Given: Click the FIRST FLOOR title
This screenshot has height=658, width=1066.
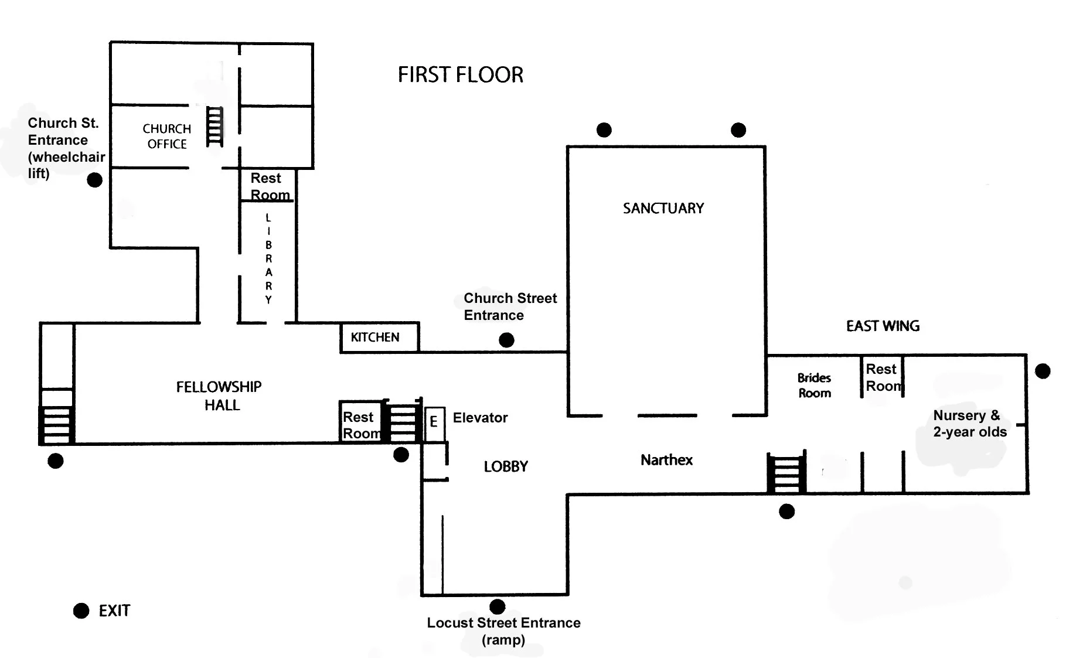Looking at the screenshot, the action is point(461,75).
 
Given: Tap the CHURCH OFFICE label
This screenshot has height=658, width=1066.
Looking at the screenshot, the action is point(167,137).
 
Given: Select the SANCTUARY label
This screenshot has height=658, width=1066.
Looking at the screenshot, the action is point(663,208).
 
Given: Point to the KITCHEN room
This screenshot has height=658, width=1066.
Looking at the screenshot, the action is point(380,337).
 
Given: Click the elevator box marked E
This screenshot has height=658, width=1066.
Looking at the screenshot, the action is point(434,423).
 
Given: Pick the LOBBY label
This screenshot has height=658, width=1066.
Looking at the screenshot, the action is point(506,466).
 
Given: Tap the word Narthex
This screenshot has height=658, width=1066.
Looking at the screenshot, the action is point(666,460).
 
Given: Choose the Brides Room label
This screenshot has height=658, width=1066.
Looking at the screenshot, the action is point(815,386).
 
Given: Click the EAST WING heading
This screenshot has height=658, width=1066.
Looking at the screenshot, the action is point(883,326).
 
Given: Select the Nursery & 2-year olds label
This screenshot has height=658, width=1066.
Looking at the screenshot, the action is point(970,424).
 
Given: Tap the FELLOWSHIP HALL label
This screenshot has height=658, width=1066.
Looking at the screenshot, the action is point(219,396).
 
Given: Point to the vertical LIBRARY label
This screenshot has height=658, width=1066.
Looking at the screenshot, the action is point(268,258).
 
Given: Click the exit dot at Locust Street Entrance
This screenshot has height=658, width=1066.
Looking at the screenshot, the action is point(498,606).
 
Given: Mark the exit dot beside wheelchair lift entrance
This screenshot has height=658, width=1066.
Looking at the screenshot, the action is point(94,180).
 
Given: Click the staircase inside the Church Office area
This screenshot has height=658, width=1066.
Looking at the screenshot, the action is point(214,127).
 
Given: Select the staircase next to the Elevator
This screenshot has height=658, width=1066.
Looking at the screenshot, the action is point(403,421).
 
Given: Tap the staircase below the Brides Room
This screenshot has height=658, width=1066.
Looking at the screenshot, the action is point(786,472).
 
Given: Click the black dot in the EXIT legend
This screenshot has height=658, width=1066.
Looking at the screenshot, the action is point(81,611).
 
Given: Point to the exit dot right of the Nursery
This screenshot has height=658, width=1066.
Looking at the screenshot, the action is point(1043,371).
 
